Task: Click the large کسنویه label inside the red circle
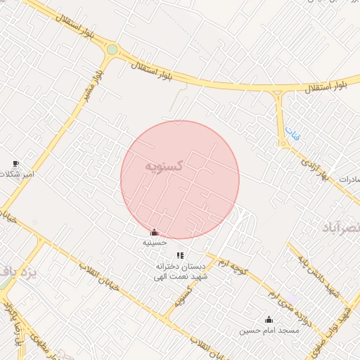[x=165, y=166]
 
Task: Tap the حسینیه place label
[x=155, y=242]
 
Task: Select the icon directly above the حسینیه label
[x=154, y=232]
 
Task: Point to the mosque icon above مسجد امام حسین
[x=268, y=319]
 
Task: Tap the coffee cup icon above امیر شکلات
[x=15, y=164]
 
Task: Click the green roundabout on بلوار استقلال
[x=112, y=50]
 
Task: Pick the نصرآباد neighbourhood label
[x=341, y=228]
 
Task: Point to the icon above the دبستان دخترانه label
[x=180, y=255]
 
